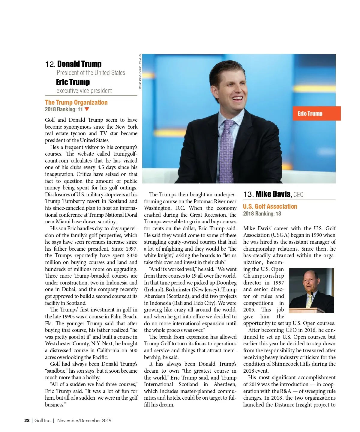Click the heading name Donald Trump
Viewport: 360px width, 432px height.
pyautogui.click(x=79, y=64)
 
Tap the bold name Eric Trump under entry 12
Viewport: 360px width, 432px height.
pyautogui.click(x=73, y=82)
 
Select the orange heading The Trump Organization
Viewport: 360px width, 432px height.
pyautogui.click(x=76, y=103)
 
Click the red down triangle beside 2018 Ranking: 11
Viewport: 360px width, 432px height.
pyautogui.click(x=87, y=109)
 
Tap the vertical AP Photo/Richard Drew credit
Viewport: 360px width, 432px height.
pyautogui.click(x=140, y=72)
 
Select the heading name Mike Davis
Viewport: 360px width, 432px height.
pyautogui.click(x=273, y=194)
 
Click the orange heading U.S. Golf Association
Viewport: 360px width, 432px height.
pyautogui.click(x=270, y=207)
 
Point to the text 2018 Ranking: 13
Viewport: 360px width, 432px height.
pyautogui.click(x=262, y=214)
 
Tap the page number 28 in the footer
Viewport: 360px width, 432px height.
pyautogui.click(x=27, y=421)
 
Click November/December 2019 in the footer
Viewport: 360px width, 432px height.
pyautogui.click(x=84, y=421)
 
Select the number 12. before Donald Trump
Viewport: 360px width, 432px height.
pyautogui.click(x=50, y=64)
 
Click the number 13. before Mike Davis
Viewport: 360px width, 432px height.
pyautogui.click(x=248, y=195)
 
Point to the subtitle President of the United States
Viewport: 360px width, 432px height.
pyautogui.click(x=91, y=73)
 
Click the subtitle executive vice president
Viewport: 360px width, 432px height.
pyautogui.click(x=84, y=91)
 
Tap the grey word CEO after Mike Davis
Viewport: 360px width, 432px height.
pyautogui.click(x=298, y=195)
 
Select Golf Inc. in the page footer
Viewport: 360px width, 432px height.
pyautogui.click(x=43, y=421)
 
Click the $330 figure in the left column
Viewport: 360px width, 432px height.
pyautogui.click(x=132, y=256)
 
